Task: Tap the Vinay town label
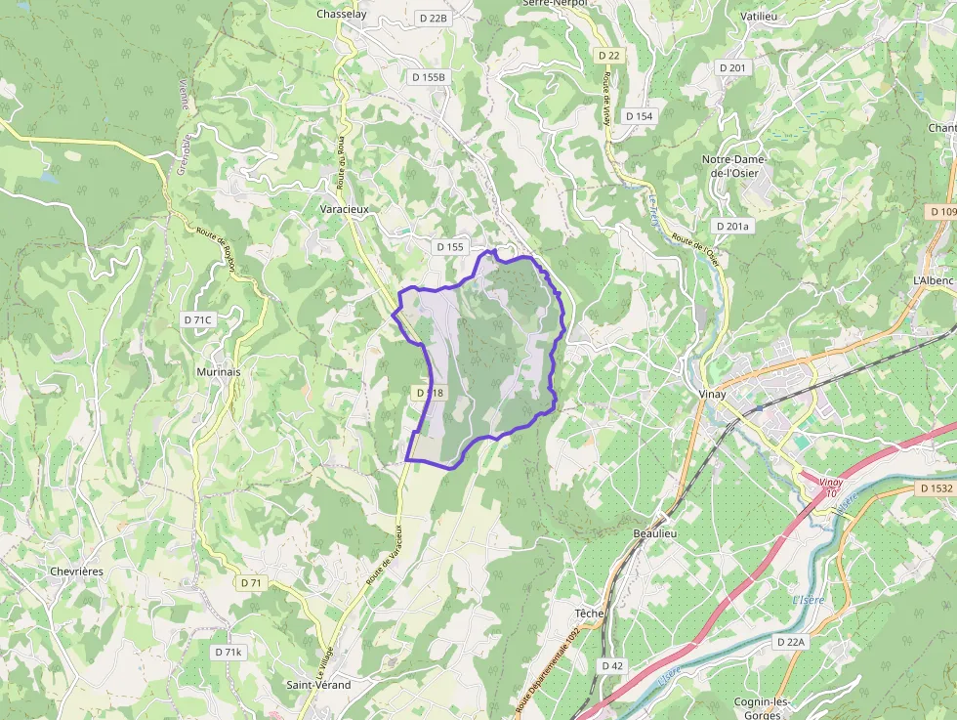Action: pyautogui.click(x=715, y=393)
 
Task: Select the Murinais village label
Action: pyautogui.click(x=218, y=372)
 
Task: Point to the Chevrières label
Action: pyautogui.click(x=76, y=572)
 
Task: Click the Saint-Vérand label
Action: pyautogui.click(x=319, y=685)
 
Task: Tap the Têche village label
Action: pyautogui.click(x=589, y=613)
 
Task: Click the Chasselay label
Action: pyautogui.click(x=341, y=15)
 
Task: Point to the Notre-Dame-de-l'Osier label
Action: pyautogui.click(x=735, y=166)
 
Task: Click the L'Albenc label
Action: pyautogui.click(x=932, y=280)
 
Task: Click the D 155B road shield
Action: pyautogui.click(x=429, y=77)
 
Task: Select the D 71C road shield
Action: pyautogui.click(x=197, y=319)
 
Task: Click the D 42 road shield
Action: pyautogui.click(x=612, y=665)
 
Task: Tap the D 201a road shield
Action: pyautogui.click(x=733, y=227)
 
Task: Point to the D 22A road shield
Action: pyautogui.click(x=791, y=642)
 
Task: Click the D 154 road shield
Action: pyautogui.click(x=639, y=116)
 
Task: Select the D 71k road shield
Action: pyautogui.click(x=229, y=652)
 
